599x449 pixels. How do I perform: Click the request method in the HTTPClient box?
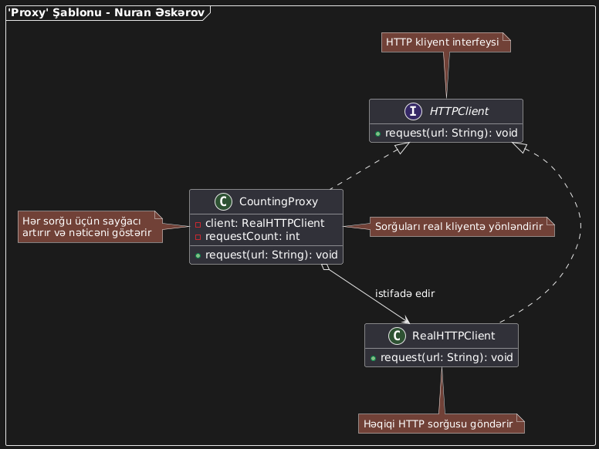pos(446,133)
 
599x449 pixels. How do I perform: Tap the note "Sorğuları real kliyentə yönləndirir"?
pos(461,227)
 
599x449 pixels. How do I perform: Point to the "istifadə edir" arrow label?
pos(404,294)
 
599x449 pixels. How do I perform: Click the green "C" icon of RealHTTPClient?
pos(395,336)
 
